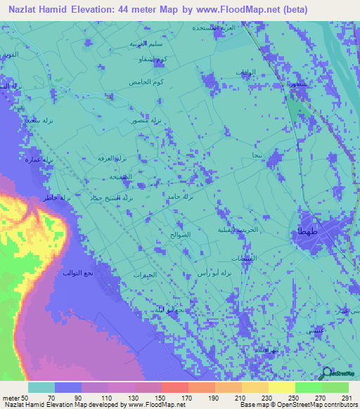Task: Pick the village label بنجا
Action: tap(256, 152)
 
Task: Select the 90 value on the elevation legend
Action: tap(69, 396)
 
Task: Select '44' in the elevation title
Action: tap(146, 9)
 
